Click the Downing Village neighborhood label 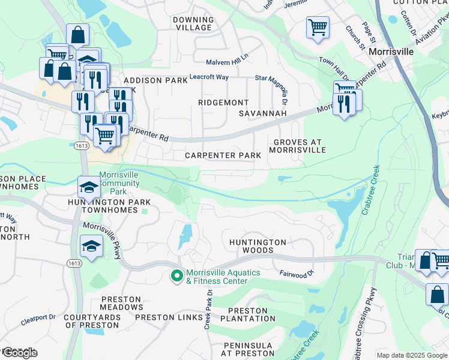193,24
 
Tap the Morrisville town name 391,52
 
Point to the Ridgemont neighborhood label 223,103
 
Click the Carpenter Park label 223,155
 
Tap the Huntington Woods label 258,246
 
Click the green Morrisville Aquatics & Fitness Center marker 176,277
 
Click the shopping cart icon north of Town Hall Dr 318,27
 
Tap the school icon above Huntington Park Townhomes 89,187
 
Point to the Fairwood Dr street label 297,274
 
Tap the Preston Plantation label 252,314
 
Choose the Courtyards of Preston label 91,321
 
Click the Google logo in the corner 19,353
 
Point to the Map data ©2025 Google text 412,355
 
